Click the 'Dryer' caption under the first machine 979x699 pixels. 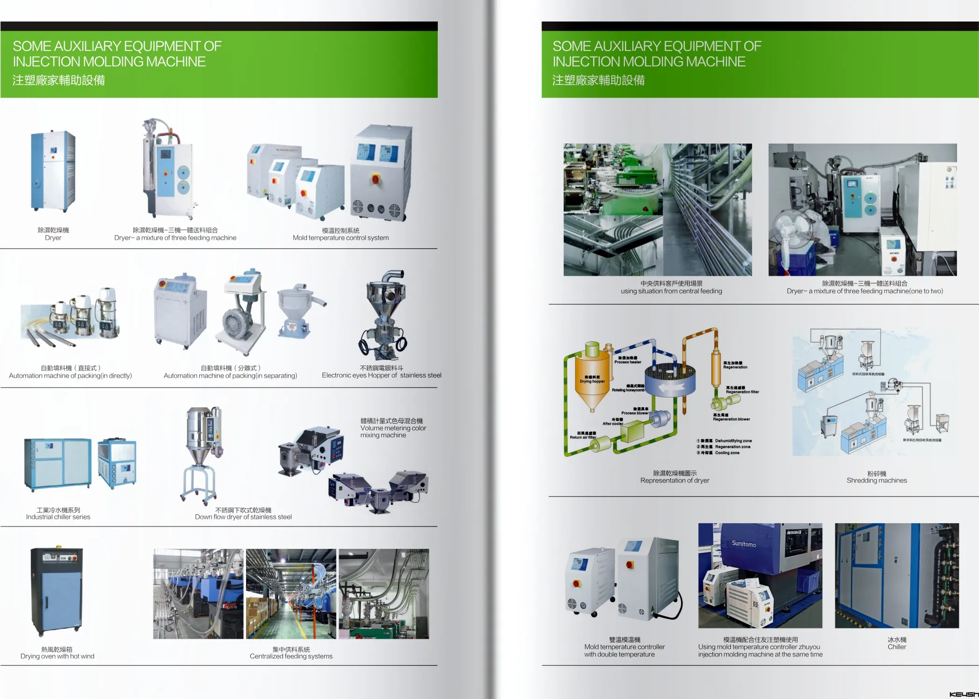[x=53, y=238]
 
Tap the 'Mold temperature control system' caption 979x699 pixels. [x=341, y=238]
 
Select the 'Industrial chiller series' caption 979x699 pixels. [x=58, y=517]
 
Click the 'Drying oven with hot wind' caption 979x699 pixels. [x=57, y=656]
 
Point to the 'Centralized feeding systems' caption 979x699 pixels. [x=291, y=656]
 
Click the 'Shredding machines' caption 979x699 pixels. [x=877, y=481]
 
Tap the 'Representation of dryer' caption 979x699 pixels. [x=674, y=481]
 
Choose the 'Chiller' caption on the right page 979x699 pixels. [x=897, y=647]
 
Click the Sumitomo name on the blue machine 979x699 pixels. [x=744, y=544]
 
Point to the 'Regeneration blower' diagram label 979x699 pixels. [x=731, y=419]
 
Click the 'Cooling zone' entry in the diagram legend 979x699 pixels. [x=727, y=453]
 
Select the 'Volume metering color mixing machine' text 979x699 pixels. [x=393, y=428]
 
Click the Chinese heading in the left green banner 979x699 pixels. [x=59, y=80]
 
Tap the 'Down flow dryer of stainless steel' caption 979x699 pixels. [x=243, y=517]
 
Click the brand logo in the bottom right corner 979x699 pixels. [x=964, y=694]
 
